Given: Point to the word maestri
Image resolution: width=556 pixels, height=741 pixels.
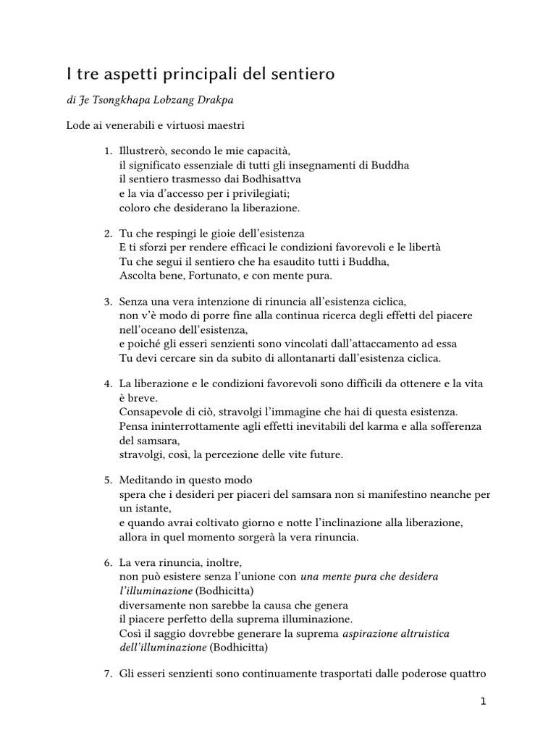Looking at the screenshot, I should (x=224, y=126).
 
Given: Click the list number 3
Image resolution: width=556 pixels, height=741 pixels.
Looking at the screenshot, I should (x=106, y=301).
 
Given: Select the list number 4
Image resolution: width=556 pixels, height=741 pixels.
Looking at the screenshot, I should (x=106, y=383).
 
